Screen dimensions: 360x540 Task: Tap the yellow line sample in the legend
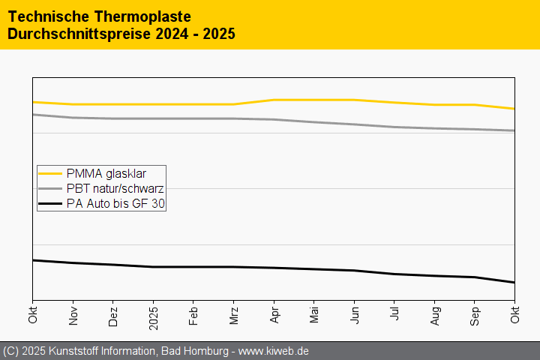(x=50, y=173)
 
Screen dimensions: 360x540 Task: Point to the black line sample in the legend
(x=50, y=203)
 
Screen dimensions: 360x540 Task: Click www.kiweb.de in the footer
(x=274, y=351)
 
